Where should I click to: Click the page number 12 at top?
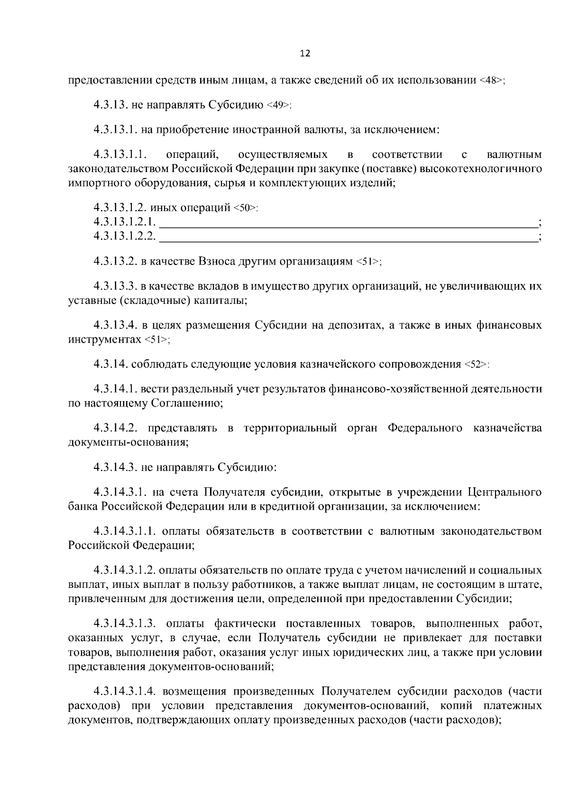coord(305,54)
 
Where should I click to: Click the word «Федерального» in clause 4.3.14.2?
coord(425,428)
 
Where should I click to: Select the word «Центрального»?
coord(505,492)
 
